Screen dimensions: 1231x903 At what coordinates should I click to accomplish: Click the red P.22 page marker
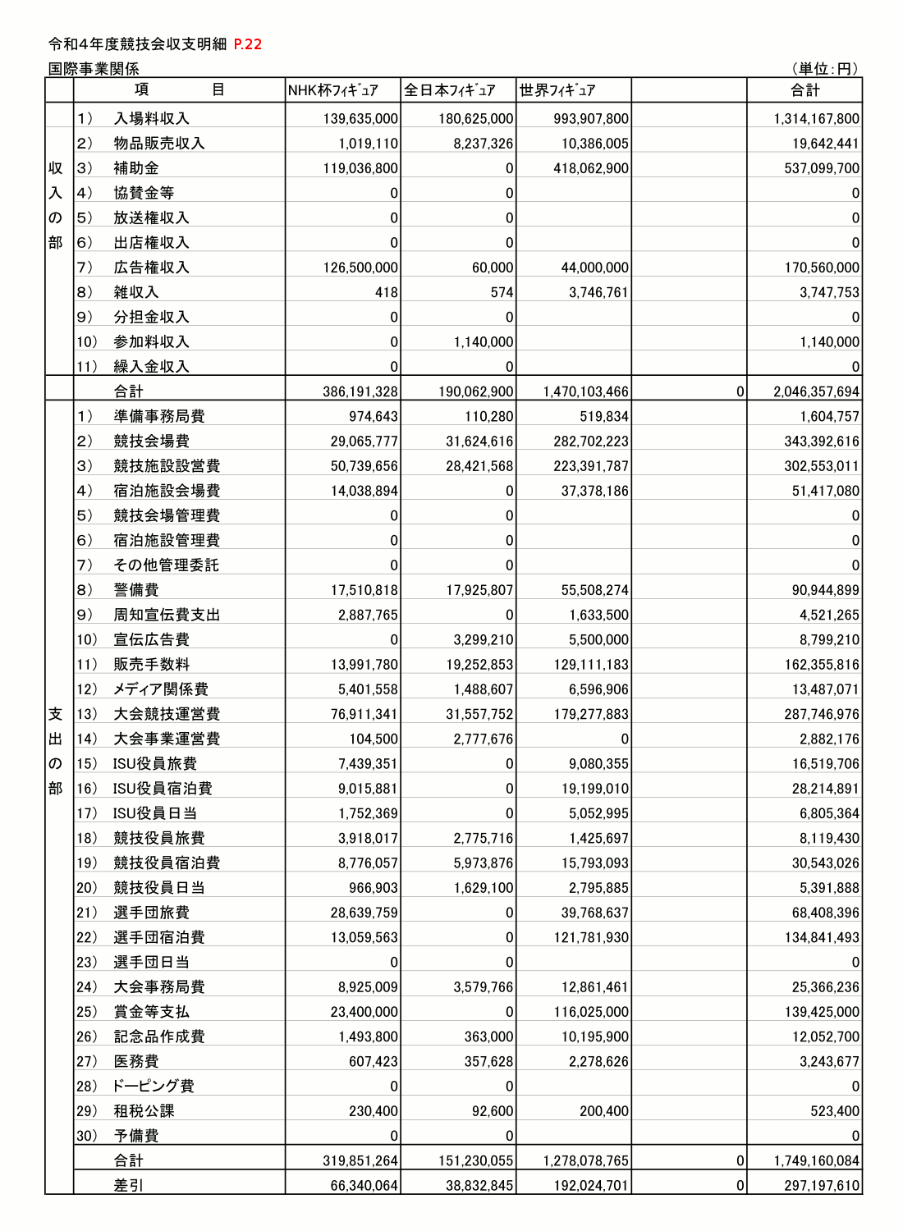[247, 44]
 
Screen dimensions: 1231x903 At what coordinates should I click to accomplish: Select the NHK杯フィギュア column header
[333, 90]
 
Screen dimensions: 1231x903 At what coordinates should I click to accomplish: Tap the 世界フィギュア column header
[557, 90]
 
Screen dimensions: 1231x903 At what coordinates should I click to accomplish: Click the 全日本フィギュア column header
[450, 90]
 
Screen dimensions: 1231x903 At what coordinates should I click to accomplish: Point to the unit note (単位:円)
[825, 69]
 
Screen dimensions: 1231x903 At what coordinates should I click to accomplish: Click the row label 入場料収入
[151, 119]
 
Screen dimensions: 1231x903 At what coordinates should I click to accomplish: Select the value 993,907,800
[591, 119]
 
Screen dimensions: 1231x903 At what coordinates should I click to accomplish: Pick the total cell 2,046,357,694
[816, 392]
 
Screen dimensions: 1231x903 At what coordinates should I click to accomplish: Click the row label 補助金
[136, 168]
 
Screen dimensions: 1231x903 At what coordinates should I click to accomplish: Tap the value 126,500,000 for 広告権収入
[360, 268]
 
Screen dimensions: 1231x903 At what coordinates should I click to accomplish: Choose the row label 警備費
[136, 590]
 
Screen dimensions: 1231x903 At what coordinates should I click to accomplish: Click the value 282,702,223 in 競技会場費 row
[591, 442]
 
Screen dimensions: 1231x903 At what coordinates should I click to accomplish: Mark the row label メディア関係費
[160, 689]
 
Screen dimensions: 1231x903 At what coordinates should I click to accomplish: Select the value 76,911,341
[364, 714]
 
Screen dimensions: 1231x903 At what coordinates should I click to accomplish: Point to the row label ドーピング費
[154, 1087]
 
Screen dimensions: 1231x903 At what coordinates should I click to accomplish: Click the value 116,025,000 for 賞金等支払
[591, 1012]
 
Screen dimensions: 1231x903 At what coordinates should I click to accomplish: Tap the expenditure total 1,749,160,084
[816, 1161]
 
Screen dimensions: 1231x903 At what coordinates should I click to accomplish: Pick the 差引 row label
[128, 1186]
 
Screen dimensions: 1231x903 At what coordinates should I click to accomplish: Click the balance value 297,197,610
[816, 1186]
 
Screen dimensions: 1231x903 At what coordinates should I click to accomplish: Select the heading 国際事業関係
[94, 69]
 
